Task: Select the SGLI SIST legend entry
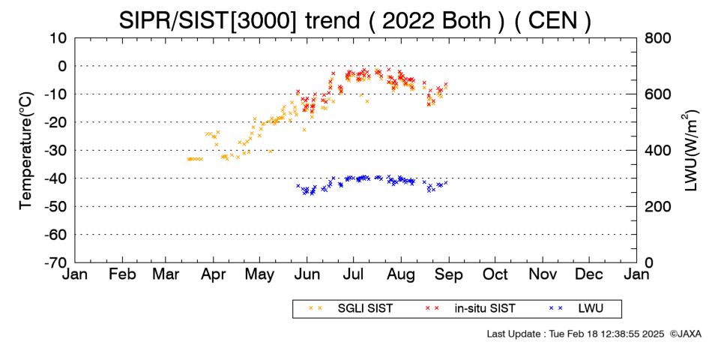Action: point(352,309)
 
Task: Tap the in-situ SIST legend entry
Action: point(470,309)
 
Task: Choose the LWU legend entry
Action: point(576,309)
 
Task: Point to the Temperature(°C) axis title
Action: point(26,150)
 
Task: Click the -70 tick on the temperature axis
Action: point(55,262)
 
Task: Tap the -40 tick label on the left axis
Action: point(55,178)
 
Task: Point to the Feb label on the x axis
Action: point(122,274)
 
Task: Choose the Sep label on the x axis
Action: point(449,274)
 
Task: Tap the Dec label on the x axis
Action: point(589,274)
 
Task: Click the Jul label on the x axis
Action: point(353,274)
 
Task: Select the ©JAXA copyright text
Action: point(685,334)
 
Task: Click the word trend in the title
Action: point(332,20)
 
